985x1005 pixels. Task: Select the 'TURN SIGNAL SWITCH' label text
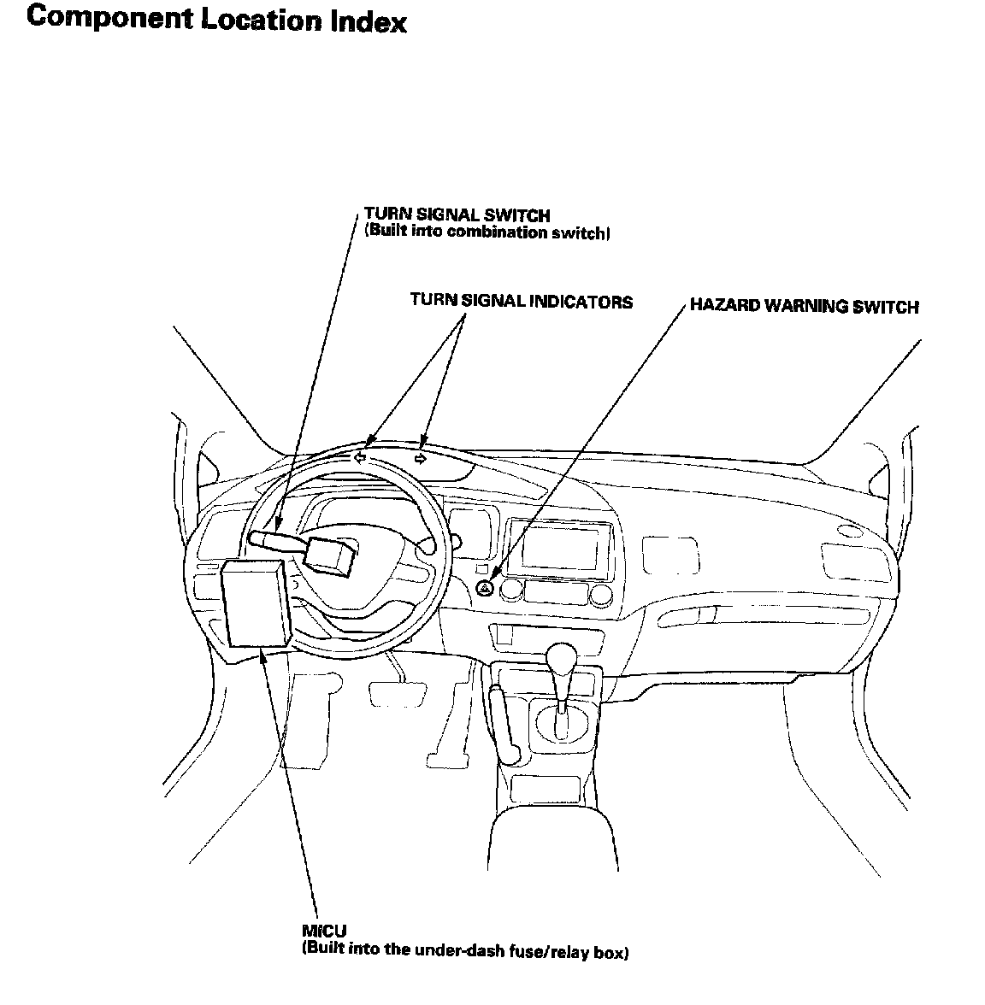pos(457,215)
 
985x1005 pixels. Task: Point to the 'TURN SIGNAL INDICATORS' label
pos(521,301)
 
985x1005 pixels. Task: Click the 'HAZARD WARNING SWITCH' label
pos(804,306)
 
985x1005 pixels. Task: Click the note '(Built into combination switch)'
pos(487,232)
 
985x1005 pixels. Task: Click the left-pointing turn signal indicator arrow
pos(360,458)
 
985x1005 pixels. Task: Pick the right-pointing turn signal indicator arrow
pos(421,459)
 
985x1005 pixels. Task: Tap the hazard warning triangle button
pos(485,588)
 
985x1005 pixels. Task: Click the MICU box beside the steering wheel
pos(255,603)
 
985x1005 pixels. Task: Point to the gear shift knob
pos(562,658)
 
